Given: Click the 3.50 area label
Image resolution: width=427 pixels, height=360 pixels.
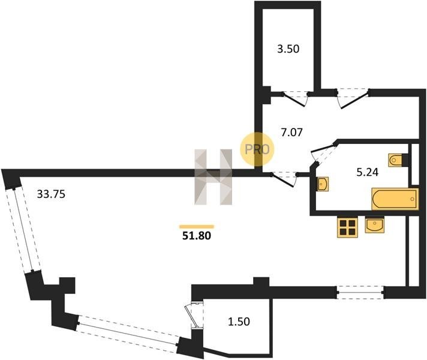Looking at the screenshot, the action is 288,49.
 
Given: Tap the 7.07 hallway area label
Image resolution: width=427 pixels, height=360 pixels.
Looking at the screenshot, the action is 291,133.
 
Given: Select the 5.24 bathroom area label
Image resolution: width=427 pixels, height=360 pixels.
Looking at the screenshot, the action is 368,172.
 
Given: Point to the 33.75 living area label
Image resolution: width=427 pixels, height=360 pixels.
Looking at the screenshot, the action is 51,194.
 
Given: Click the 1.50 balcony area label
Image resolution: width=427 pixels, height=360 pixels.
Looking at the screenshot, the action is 239,322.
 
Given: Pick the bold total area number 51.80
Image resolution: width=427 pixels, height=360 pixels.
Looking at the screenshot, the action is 196,236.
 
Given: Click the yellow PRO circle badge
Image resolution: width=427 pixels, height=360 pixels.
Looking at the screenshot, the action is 257,149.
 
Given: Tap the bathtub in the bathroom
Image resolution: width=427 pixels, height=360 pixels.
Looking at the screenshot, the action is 395,199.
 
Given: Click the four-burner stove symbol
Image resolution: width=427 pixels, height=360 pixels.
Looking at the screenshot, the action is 347,227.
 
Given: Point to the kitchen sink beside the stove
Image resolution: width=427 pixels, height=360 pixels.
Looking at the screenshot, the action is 375,224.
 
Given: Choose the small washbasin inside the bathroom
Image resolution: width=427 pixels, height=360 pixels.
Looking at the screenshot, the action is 323,184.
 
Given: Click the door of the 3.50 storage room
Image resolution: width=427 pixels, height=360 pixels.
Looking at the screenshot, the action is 295,98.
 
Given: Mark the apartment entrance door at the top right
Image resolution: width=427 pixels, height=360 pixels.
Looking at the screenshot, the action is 353,98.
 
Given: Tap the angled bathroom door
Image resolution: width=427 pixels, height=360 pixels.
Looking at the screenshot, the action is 323,155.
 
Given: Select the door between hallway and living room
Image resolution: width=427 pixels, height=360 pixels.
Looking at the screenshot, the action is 284,179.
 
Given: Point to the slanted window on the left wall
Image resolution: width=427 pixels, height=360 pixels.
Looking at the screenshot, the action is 23,229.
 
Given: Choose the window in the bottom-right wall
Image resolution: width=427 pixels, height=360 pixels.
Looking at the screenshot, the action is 360,292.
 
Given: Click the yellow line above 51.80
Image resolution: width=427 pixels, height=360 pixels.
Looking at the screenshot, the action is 197,226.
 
